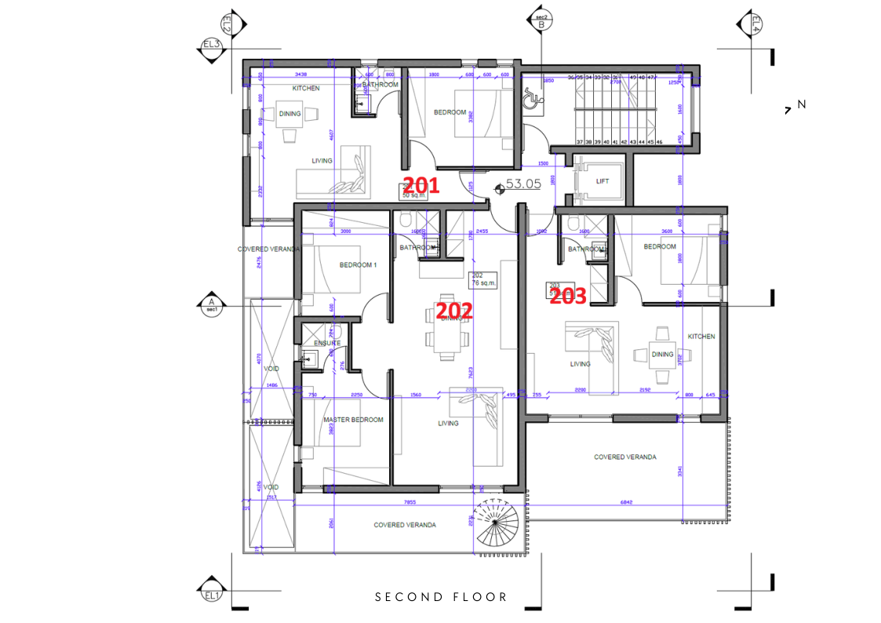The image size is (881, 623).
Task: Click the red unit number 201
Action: (x=420, y=186)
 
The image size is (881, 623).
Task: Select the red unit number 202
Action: (x=455, y=311)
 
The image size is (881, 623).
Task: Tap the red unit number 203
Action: (x=568, y=297)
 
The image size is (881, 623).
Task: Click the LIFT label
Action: (x=603, y=181)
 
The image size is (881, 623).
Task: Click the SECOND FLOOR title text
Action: (x=441, y=597)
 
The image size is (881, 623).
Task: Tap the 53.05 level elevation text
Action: (x=523, y=184)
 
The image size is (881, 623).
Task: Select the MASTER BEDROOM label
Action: (x=353, y=420)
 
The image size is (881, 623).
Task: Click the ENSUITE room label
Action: (x=327, y=343)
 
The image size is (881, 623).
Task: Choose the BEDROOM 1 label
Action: (x=358, y=265)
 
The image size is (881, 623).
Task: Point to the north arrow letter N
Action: (x=801, y=104)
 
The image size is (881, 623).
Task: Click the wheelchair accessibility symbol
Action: (x=531, y=98)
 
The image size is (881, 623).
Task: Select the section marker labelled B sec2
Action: (x=541, y=21)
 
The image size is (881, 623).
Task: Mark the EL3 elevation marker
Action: (x=211, y=44)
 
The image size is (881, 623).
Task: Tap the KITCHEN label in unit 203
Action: (x=701, y=336)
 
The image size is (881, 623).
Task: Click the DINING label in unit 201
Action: (x=289, y=114)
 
